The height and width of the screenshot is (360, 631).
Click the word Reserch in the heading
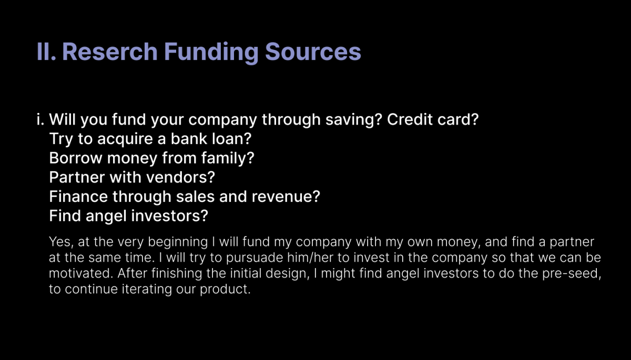coord(109,52)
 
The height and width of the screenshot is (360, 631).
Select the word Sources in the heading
coord(313,52)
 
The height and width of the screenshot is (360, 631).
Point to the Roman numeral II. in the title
coord(46,52)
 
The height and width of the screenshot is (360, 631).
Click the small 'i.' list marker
coord(40,119)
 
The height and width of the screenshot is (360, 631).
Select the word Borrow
coord(76,158)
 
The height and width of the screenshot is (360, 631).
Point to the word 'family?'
coord(228,158)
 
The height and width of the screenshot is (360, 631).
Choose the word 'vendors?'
coord(180,177)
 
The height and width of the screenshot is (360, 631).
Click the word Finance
coord(78,196)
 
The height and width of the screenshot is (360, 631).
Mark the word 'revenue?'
coord(286,196)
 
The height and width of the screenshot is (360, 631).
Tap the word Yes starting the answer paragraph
coord(61,242)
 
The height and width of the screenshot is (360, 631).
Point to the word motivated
coord(81,273)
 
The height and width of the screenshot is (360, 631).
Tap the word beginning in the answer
coord(178,242)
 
